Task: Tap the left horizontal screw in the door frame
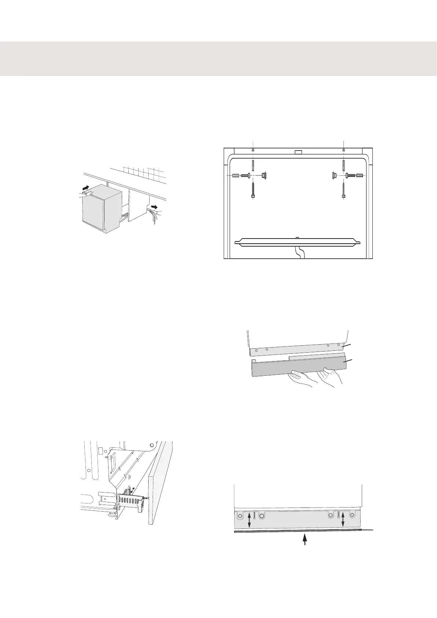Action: click(x=245, y=176)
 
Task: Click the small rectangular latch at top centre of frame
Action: click(x=298, y=152)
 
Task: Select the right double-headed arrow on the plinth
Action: click(x=343, y=520)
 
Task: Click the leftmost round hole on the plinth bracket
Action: click(x=240, y=516)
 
